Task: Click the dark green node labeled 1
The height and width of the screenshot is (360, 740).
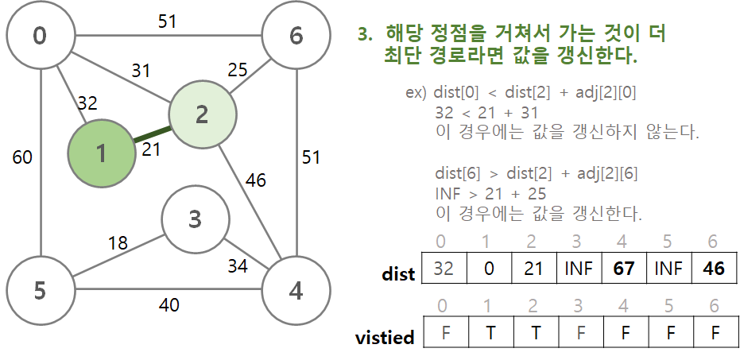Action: pyautogui.click(x=101, y=153)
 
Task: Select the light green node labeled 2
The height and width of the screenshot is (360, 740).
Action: pyautogui.click(x=201, y=115)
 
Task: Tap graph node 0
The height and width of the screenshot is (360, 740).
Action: pyautogui.click(x=39, y=36)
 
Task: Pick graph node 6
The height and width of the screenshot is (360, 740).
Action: pyautogui.click(x=296, y=36)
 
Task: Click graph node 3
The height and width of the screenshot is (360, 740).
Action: pyautogui.click(x=195, y=219)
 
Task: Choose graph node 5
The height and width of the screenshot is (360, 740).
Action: pyautogui.click(x=39, y=290)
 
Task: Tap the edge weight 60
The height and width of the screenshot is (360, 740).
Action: pyautogui.click(x=22, y=157)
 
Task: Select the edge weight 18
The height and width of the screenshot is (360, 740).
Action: pyautogui.click(x=118, y=242)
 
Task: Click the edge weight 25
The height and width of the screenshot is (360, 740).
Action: pyautogui.click(x=238, y=70)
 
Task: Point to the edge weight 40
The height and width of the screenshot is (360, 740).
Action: pyautogui.click(x=168, y=304)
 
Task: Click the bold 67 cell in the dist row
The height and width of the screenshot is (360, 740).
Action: pyautogui.click(x=624, y=268)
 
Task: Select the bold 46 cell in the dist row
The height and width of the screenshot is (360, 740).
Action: pyautogui.click(x=714, y=268)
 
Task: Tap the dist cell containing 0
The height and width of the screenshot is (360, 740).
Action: pyautogui.click(x=489, y=268)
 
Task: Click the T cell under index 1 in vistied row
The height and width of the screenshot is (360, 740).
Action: pyautogui.click(x=489, y=333)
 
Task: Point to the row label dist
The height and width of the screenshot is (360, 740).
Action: pyautogui.click(x=398, y=274)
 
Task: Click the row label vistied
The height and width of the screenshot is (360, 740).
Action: pyautogui.click(x=385, y=338)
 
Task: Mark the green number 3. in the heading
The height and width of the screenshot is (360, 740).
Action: pyautogui.click(x=365, y=35)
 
